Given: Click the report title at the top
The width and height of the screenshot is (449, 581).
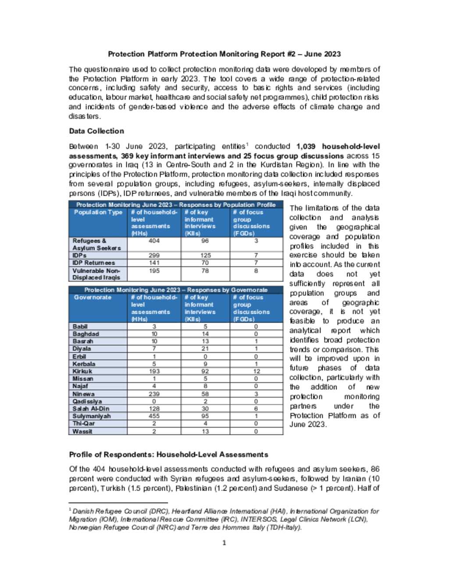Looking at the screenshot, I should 224,54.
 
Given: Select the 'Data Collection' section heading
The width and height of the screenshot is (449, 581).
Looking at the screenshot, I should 96,131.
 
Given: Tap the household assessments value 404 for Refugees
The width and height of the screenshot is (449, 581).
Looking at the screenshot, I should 154,241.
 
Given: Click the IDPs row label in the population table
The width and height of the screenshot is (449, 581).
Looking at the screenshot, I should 79,255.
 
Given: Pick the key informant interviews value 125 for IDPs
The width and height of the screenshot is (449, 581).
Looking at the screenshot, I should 205,255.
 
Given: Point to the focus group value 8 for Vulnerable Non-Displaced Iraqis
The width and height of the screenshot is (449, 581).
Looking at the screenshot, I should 256,271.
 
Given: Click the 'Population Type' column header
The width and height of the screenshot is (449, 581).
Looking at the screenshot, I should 98,212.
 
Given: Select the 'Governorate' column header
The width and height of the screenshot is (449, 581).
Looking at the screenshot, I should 93,297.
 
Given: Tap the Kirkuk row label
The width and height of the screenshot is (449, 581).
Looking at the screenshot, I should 82,371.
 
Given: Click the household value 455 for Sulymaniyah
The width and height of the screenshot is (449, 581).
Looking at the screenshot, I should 154,416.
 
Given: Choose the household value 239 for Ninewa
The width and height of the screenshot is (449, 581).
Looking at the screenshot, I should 154,394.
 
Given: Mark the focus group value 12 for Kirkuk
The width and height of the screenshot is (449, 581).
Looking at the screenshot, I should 256,371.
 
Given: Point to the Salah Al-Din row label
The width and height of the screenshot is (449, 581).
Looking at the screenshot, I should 91,409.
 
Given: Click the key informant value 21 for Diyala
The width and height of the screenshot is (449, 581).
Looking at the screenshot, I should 205,349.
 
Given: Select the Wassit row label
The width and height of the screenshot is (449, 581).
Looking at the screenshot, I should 82,431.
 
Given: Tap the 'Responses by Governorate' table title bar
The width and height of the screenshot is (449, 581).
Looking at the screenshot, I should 176,290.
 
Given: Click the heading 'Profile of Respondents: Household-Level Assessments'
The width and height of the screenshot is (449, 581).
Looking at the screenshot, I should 168,455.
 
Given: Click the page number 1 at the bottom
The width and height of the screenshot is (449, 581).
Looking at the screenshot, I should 224,543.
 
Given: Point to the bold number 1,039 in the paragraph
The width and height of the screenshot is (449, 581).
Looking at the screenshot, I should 306,146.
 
